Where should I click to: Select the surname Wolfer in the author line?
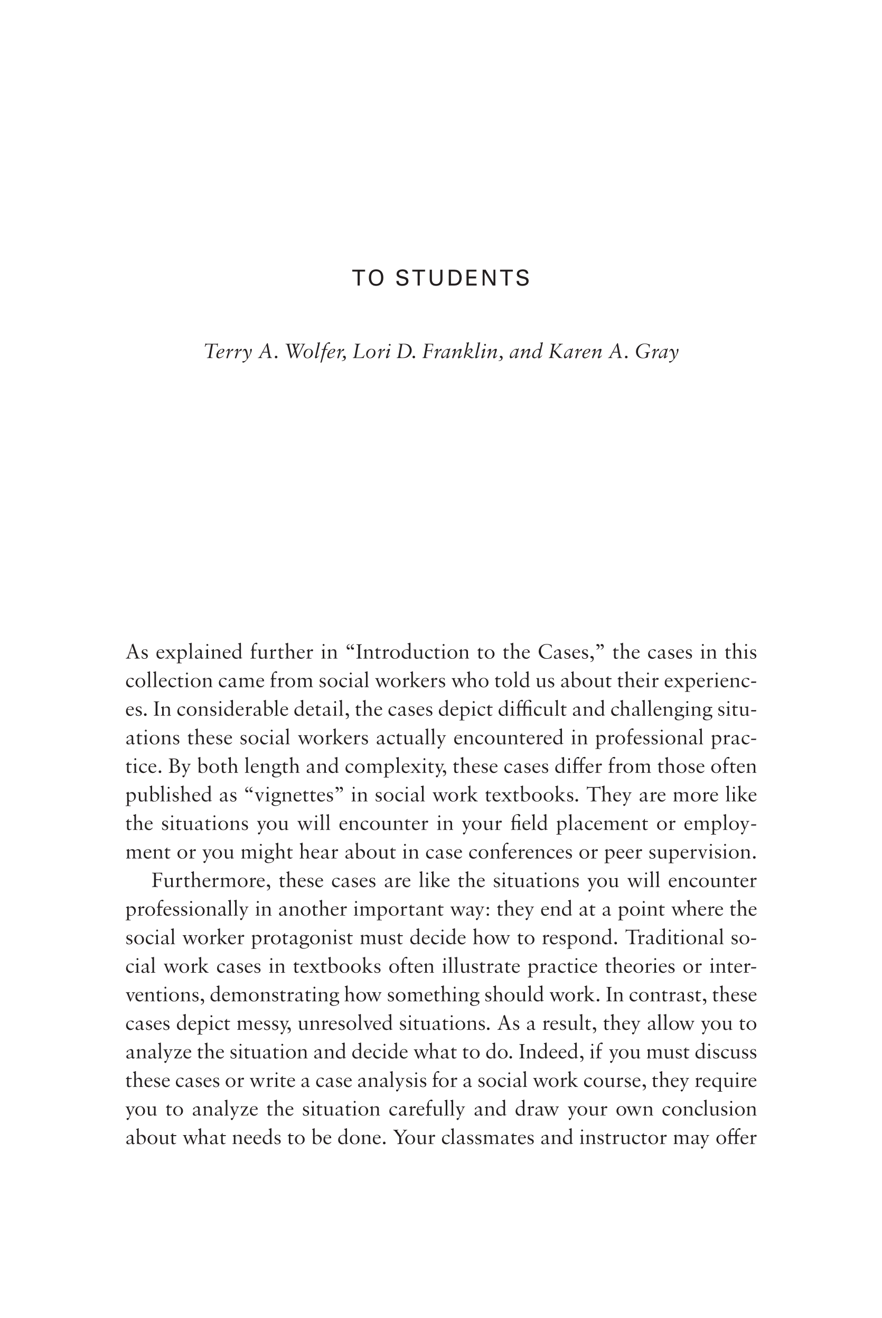[314, 352]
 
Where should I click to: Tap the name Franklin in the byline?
[461, 352]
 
